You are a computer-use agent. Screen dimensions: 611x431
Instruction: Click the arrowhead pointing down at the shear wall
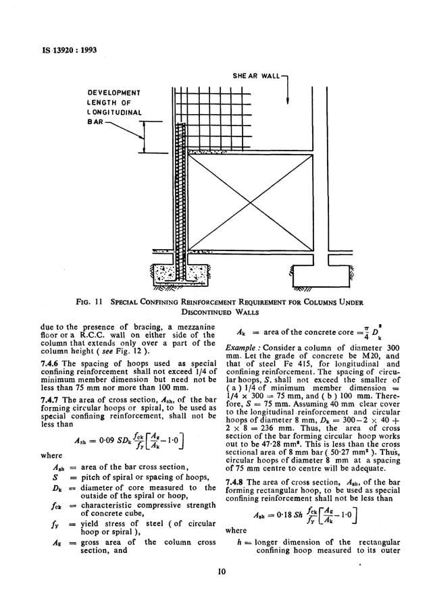coord(288,101)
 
